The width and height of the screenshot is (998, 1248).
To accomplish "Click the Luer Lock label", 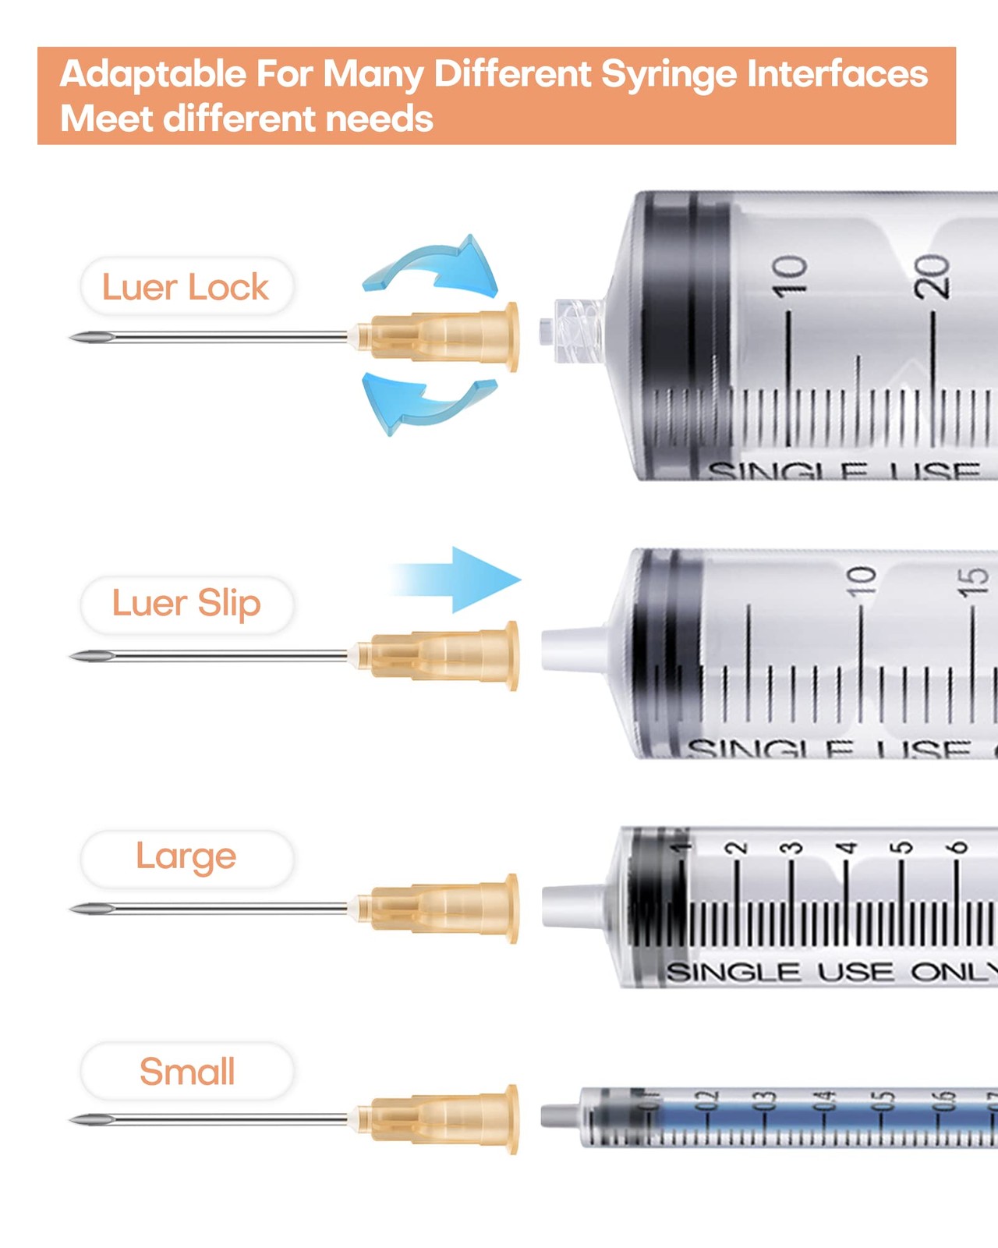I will (x=186, y=287).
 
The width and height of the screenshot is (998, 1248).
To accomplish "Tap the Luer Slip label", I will (x=186, y=604).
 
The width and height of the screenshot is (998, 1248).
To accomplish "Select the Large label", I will (x=186, y=857).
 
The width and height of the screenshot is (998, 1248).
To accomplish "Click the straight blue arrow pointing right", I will (x=460, y=580).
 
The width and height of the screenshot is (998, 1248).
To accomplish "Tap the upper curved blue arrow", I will (x=437, y=265).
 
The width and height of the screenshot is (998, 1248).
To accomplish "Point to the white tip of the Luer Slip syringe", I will (x=573, y=650).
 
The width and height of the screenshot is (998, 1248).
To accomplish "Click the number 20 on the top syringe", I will (x=933, y=276).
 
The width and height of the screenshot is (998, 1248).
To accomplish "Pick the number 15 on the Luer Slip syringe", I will (x=972, y=582).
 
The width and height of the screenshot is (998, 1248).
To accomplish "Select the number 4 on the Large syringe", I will (x=846, y=848).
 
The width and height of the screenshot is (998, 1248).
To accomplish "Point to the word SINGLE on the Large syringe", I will (x=733, y=973).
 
